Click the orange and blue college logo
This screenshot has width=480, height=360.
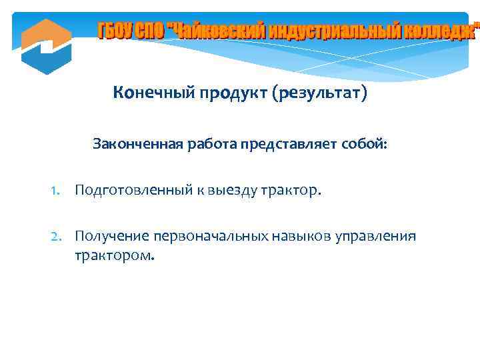pos(46,46)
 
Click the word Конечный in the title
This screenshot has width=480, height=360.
pos(151,93)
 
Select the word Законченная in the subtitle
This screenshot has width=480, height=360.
pos(133,143)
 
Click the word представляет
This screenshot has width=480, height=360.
pos(290,143)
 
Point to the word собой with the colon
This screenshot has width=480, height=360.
pos(363,143)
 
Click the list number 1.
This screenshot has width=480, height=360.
pos(56,192)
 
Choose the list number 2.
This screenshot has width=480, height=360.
pos(56,236)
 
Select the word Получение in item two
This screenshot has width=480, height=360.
pos(112,236)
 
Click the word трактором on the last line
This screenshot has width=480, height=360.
pos(114,255)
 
